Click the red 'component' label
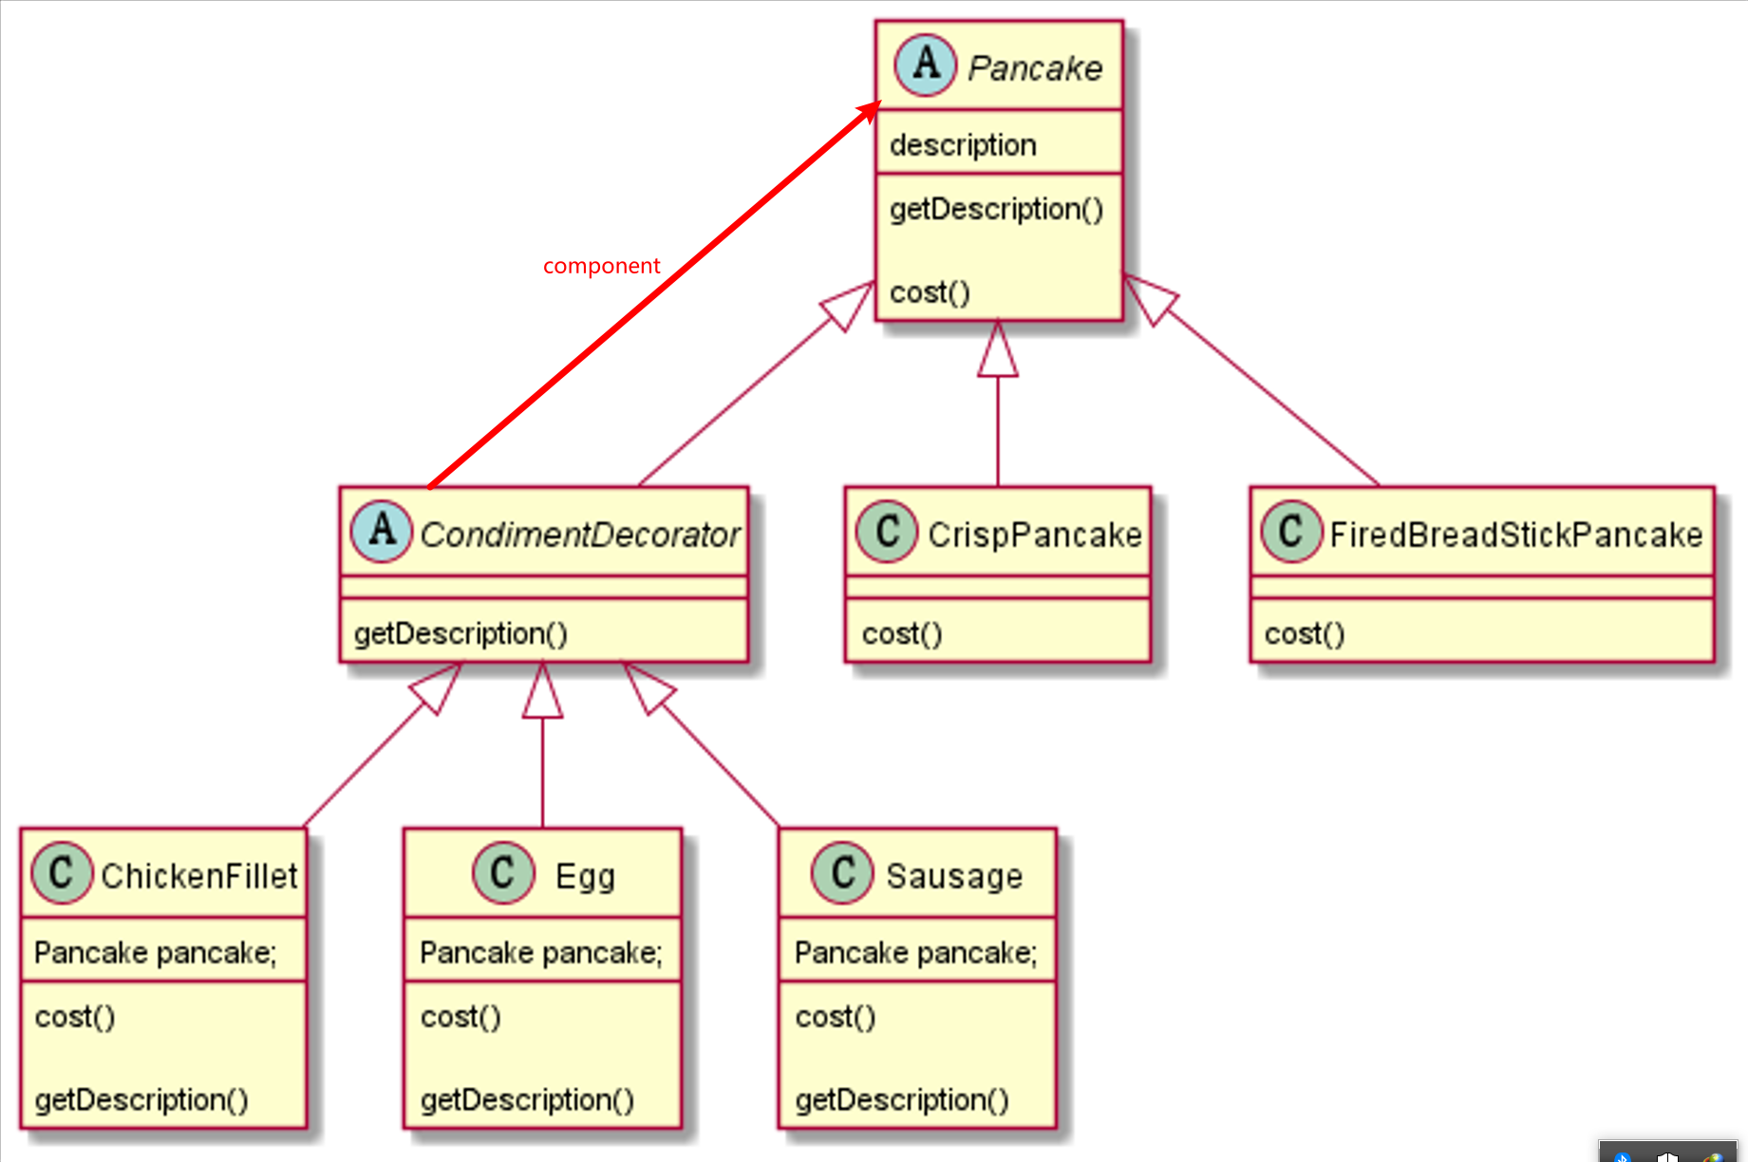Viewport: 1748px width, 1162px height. click(601, 266)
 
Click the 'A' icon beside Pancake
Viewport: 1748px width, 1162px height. click(925, 66)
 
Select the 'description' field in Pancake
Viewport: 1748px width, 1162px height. click(963, 145)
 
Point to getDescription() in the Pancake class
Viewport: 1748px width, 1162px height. click(996, 209)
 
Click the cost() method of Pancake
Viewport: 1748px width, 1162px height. click(930, 292)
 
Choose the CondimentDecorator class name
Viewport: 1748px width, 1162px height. click(579, 534)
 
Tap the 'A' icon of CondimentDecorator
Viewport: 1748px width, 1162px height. click(382, 531)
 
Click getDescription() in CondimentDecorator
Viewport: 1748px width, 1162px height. click(460, 633)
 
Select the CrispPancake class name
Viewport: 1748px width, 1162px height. click(1034, 534)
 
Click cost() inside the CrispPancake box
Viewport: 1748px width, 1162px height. click(902, 633)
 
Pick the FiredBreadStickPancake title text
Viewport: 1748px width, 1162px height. click(1515, 534)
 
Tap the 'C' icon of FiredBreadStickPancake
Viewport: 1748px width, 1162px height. click(1291, 531)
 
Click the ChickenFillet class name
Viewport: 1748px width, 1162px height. click(199, 875)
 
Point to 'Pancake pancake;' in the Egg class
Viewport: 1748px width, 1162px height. click(541, 952)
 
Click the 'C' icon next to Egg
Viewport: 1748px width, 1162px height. click(503, 871)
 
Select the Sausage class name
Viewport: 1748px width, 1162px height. click(954, 875)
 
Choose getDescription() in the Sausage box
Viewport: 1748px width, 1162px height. click(902, 1099)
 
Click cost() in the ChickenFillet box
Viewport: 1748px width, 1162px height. click(75, 1017)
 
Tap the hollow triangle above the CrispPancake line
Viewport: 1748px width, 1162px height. click(998, 353)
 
